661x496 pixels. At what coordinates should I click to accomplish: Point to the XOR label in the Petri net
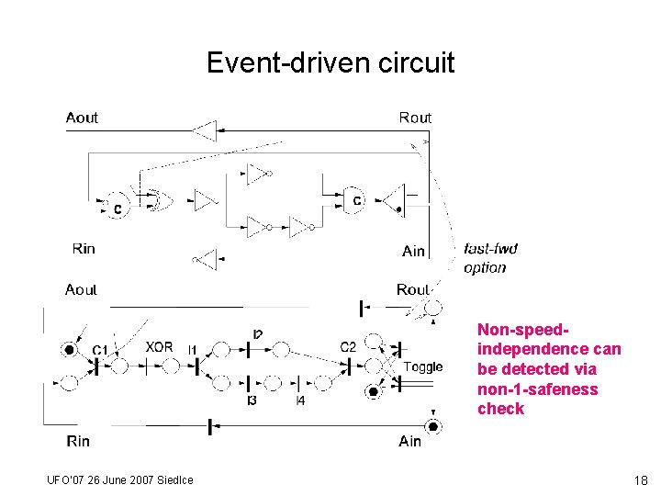159,347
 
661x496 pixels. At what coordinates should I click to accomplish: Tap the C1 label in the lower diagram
100,349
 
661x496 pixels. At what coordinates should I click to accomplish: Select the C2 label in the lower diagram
348,347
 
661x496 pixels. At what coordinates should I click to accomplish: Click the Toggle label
422,367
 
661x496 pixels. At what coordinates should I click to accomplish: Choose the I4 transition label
300,401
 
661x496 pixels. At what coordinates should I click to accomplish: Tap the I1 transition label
192,349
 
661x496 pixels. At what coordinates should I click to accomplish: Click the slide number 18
640,479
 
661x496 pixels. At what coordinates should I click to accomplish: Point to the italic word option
485,268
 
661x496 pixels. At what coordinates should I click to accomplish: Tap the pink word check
500,409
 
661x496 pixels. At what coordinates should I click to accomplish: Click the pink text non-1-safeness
537,389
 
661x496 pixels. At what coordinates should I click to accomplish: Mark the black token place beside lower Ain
432,426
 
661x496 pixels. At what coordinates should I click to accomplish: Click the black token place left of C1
70,350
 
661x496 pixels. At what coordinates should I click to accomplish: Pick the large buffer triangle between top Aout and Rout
205,131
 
